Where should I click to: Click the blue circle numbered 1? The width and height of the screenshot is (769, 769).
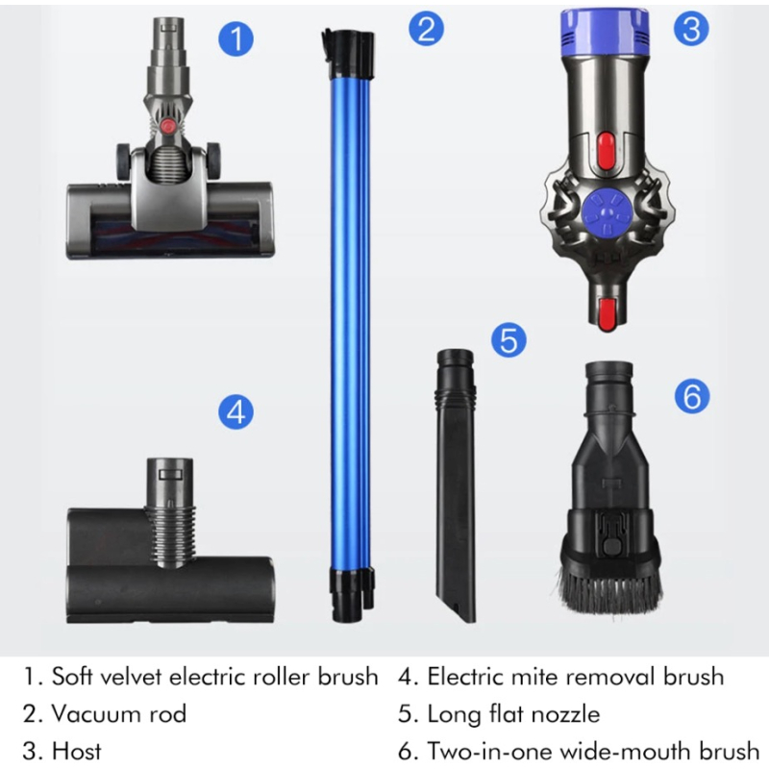[x=236, y=38]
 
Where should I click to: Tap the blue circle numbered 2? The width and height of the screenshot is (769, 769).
[x=426, y=28]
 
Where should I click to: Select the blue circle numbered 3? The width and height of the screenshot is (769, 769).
[x=691, y=28]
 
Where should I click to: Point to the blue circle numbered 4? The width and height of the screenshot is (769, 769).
[x=236, y=412]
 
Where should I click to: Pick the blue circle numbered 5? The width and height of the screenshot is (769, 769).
[x=509, y=339]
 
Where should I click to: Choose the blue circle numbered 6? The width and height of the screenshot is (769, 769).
[x=692, y=396]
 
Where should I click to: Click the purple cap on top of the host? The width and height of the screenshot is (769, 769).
[x=606, y=31]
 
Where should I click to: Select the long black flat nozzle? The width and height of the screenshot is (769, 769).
[x=456, y=485]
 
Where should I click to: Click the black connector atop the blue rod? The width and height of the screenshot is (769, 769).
[x=348, y=53]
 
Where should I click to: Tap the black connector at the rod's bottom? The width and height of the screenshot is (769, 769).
[x=350, y=594]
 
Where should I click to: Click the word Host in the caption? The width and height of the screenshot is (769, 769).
[x=77, y=751]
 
